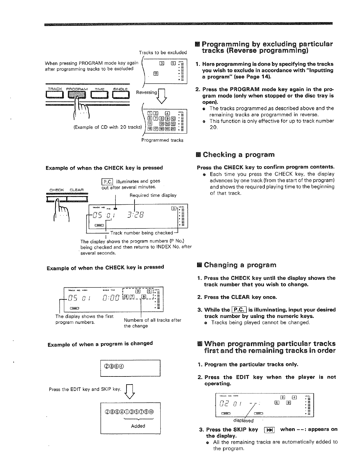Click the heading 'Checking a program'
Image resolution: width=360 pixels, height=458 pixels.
pos(238,154)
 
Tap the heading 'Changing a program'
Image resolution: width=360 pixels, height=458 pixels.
pos(240,265)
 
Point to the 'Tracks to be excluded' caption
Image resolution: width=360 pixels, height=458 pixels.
pos(163,53)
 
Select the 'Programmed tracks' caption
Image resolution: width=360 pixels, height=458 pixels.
pos(162,140)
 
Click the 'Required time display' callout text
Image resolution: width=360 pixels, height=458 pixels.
pos(153,195)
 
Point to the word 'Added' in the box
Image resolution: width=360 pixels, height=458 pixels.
pos(138,426)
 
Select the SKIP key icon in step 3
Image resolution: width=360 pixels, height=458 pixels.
pos(270,430)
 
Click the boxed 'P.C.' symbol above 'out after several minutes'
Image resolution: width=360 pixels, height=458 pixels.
pos(107,181)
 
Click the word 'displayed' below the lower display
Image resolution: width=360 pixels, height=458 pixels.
pos(243,421)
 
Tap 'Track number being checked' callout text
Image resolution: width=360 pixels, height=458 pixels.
pos(142,233)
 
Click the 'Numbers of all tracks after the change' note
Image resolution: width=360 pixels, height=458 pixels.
pos(152,323)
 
